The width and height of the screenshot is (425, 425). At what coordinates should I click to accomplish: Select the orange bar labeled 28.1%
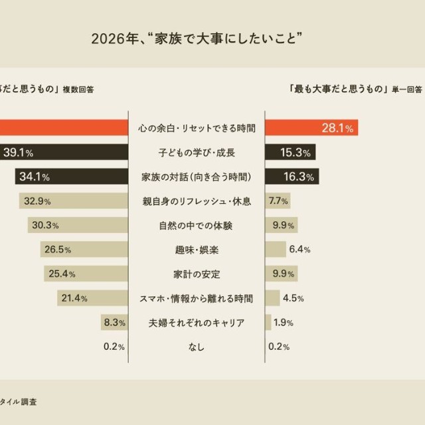tap(311, 127)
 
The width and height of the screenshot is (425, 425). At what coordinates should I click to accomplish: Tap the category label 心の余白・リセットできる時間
tap(197, 127)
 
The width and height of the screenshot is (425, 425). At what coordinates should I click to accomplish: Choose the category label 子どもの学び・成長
tap(197, 153)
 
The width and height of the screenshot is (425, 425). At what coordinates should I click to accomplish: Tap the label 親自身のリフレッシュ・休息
tap(197, 201)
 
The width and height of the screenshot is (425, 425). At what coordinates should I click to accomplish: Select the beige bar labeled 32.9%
tap(73, 201)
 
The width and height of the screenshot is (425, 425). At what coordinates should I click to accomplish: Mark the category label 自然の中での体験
tap(197, 226)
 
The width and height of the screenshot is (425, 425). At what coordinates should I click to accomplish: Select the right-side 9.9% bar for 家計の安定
tap(282, 274)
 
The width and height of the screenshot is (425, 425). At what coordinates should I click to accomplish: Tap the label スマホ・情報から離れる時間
tap(197, 299)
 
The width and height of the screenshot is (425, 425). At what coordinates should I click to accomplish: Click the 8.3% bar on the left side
tap(111, 323)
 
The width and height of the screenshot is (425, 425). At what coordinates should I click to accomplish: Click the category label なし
tap(197, 347)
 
